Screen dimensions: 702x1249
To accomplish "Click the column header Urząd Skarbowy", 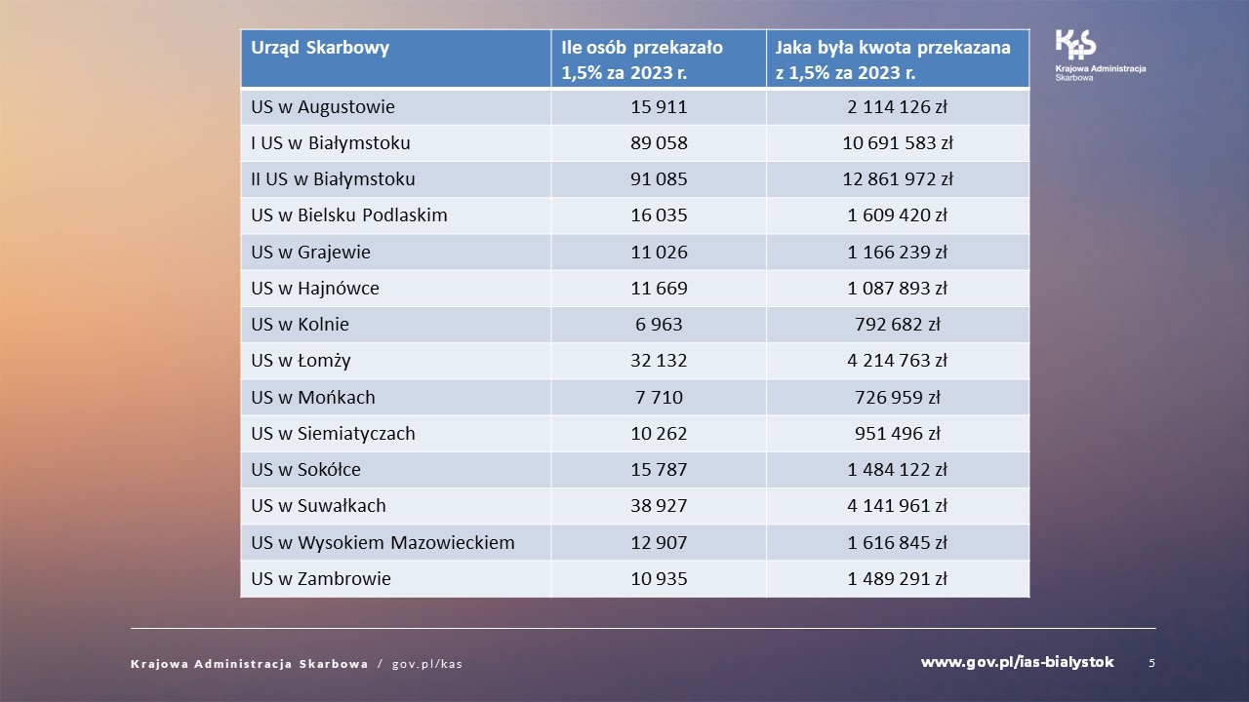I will click(x=319, y=48).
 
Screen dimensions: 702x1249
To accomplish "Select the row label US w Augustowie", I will click(x=322, y=107).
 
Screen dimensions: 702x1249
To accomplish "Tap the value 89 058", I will click(x=659, y=143).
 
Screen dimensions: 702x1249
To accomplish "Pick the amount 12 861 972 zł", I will click(x=898, y=179).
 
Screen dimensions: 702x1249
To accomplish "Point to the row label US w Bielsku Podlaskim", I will click(x=348, y=215).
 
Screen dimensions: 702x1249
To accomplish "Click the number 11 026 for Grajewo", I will click(x=659, y=253).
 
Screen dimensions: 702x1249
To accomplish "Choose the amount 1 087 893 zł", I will click(x=898, y=289).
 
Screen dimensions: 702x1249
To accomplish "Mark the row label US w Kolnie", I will click(x=300, y=325).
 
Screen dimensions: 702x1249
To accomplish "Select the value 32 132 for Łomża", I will click(x=659, y=361).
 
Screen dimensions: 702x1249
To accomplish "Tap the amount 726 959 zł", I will click(x=898, y=398).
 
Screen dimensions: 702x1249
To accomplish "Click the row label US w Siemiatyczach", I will click(x=333, y=434).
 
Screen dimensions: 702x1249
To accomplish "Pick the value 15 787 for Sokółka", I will click(x=659, y=470).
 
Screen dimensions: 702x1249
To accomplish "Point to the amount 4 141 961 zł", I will click(x=898, y=506).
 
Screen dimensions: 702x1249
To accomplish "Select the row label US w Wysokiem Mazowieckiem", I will click(x=383, y=542).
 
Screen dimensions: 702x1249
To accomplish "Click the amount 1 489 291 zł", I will click(x=898, y=579).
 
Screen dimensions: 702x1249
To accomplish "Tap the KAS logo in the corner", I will click(x=1076, y=45).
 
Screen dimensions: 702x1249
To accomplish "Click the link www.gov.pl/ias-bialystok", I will click(x=1017, y=663).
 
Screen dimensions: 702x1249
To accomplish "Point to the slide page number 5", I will click(x=1151, y=663).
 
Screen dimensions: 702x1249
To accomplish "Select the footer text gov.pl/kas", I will click(x=426, y=664).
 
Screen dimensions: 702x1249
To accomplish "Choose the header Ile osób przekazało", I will click(x=642, y=48).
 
